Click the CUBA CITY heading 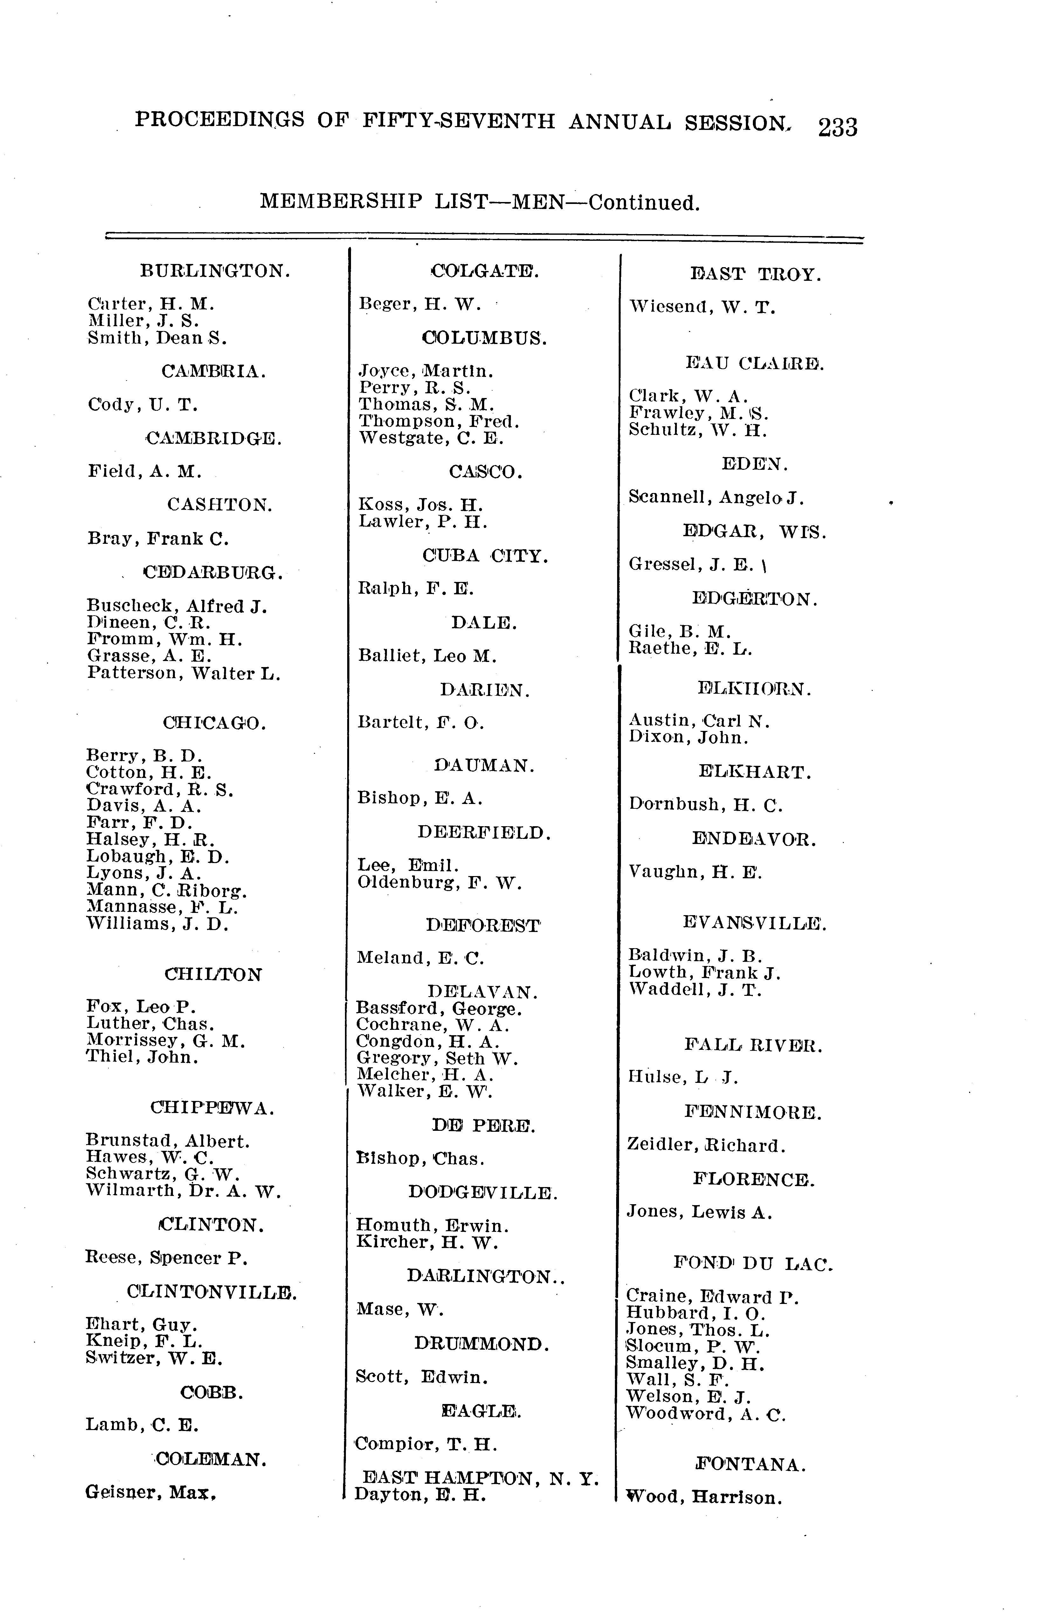(x=484, y=556)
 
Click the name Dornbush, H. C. (x=705, y=805)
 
